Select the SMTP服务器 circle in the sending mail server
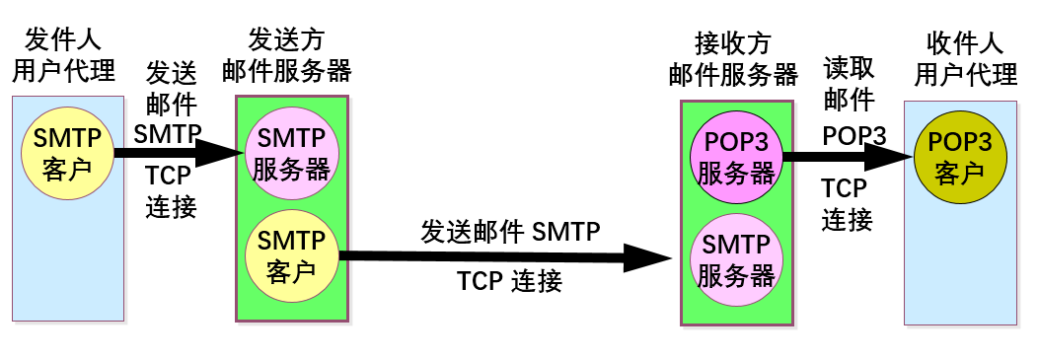(x=291, y=153)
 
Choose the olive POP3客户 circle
(x=959, y=157)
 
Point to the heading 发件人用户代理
(x=62, y=56)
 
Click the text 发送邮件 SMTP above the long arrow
(x=510, y=232)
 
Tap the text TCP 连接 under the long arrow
(x=510, y=282)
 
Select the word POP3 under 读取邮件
(x=854, y=134)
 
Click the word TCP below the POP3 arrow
(x=844, y=188)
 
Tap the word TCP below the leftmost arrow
(x=169, y=177)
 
